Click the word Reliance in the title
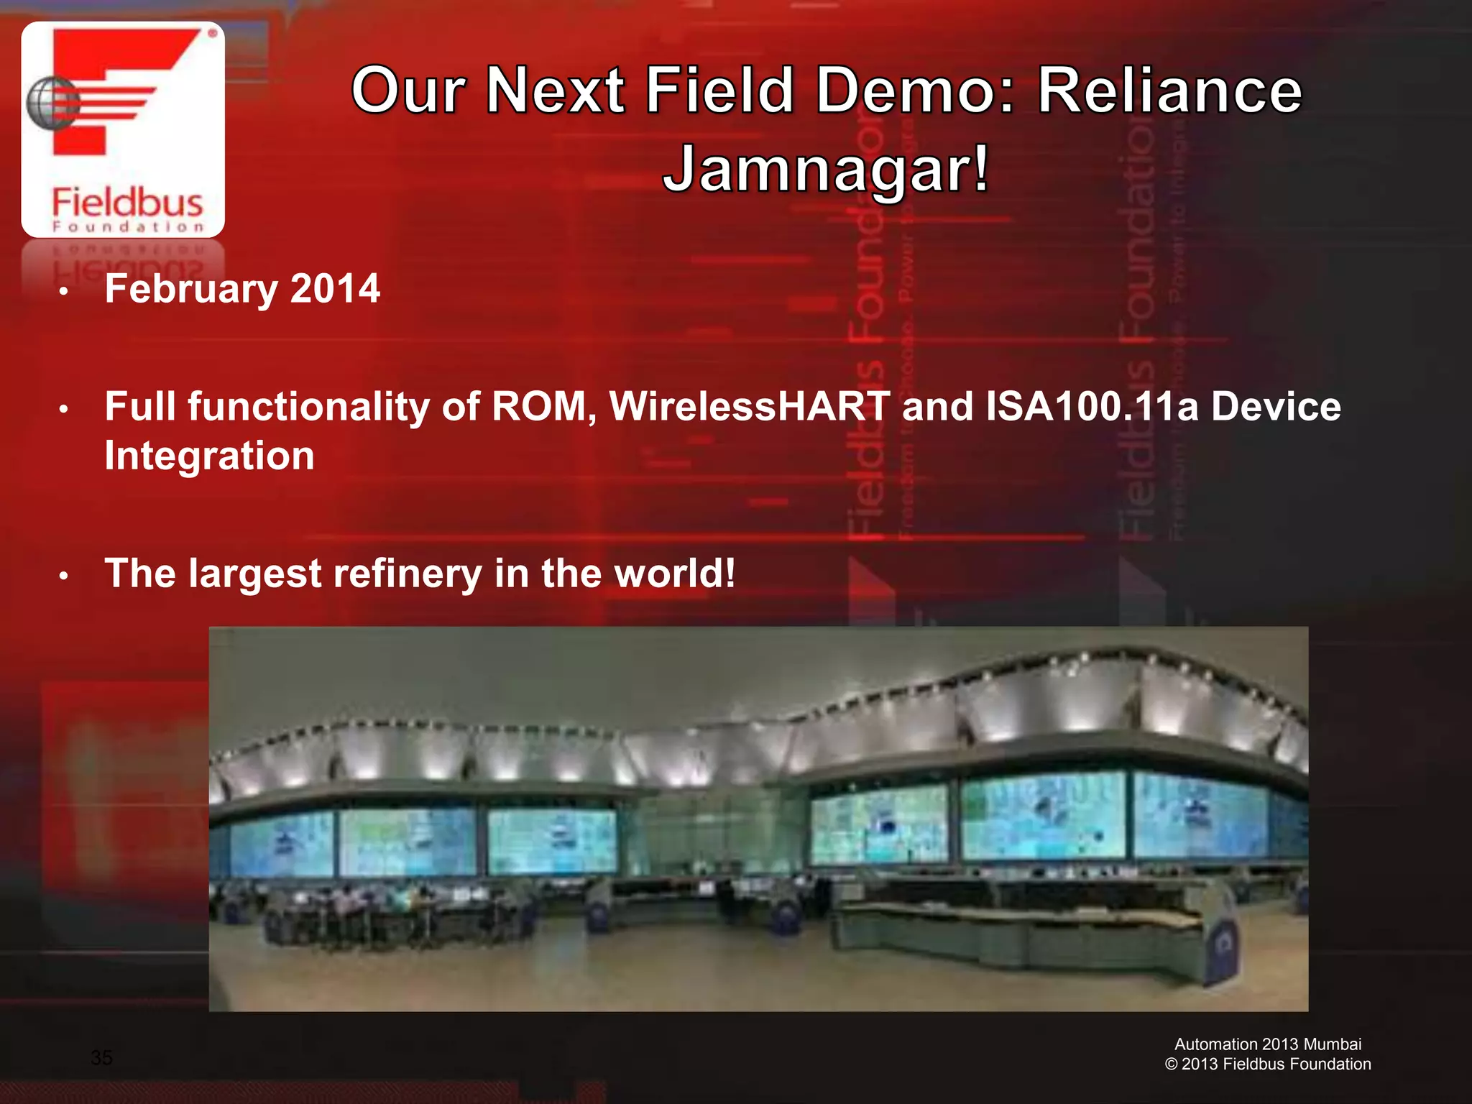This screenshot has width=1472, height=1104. [x=1169, y=91]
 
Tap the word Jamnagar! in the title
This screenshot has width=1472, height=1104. [x=826, y=169]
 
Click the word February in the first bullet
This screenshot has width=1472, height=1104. [x=191, y=289]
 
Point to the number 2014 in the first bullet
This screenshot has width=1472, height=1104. [x=335, y=289]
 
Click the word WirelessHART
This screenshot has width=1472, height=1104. [x=750, y=407]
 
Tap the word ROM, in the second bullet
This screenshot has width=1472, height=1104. [x=544, y=407]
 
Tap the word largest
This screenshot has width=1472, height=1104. [x=254, y=574]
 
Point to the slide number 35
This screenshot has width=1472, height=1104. [x=101, y=1057]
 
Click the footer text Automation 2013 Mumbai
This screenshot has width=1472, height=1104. [x=1268, y=1044]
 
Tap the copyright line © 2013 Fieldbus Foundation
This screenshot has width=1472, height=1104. [x=1268, y=1064]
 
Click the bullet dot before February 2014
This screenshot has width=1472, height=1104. [x=63, y=292]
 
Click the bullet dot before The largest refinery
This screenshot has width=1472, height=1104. [x=63, y=576]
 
